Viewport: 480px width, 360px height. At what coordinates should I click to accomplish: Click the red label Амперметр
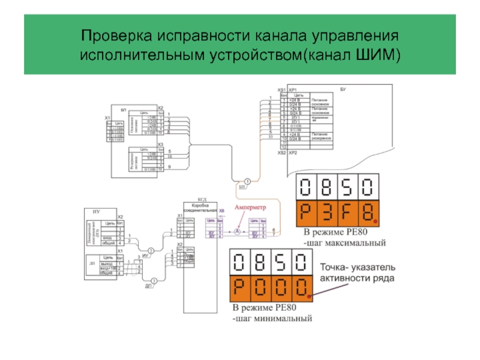click(x=250, y=206)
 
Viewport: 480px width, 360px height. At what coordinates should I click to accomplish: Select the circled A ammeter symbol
click(x=236, y=231)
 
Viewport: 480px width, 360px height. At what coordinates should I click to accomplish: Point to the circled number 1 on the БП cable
click(x=246, y=181)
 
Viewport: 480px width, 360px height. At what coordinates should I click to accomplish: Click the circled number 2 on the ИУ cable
click(x=151, y=250)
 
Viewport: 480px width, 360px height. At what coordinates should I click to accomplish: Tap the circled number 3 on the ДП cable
click(x=154, y=280)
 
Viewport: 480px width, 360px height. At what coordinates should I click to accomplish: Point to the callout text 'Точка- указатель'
click(x=356, y=268)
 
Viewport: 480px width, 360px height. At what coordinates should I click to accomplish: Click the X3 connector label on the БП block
click(x=160, y=145)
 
